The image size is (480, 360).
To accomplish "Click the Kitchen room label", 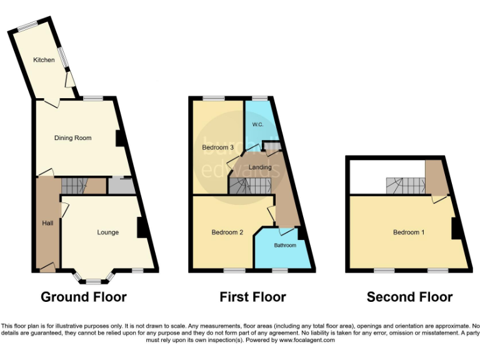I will pos(44,60).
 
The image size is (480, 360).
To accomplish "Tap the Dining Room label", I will pos(72,137).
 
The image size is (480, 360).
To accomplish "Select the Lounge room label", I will pos(107,232).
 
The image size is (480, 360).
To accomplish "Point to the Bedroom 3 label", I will pos(217,147).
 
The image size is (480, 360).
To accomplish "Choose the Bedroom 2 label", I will pos(227,232).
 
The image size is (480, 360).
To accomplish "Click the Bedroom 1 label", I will pos(409,232).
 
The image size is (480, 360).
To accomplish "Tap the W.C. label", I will pos(257,125).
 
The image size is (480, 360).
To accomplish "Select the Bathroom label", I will pos(285,245).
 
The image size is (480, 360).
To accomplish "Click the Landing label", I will pos(260,167).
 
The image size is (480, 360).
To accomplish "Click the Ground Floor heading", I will pos(84,297).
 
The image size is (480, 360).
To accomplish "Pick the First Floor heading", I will pos(252,297).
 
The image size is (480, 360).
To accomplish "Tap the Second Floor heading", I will pos(409,297).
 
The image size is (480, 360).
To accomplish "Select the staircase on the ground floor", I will pos(75,185).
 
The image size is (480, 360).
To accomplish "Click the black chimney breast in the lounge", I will pos(141,227).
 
